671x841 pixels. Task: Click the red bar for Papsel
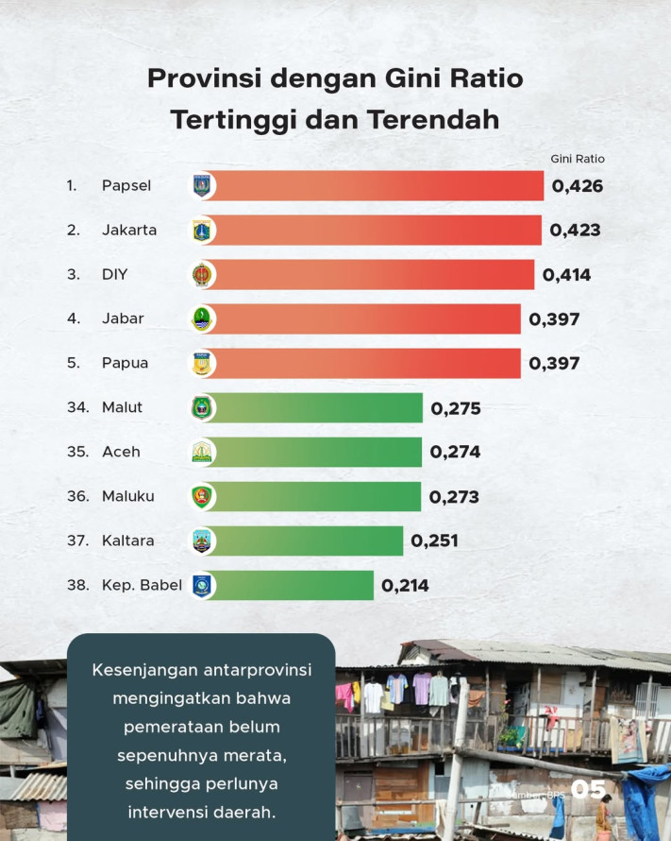click(377, 186)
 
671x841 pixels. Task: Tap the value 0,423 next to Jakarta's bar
click(576, 230)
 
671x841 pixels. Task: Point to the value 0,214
click(405, 586)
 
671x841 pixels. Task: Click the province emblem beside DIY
click(203, 275)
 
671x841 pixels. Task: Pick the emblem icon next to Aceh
click(203, 452)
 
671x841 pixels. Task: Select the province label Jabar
click(123, 318)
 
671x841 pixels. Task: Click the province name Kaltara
click(127, 541)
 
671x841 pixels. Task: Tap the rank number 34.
click(77, 407)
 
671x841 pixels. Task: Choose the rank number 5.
click(72, 363)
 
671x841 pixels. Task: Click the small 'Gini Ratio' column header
click(577, 159)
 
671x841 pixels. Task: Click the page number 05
click(588, 789)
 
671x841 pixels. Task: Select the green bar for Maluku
click(316, 496)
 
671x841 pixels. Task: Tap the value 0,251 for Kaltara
click(434, 541)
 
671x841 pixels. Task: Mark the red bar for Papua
click(368, 363)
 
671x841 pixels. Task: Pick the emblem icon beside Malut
click(203, 407)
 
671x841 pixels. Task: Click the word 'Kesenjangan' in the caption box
click(146, 670)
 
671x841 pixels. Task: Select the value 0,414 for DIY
click(566, 275)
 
